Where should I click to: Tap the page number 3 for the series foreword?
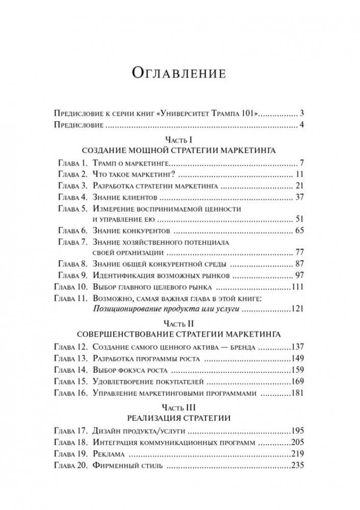tap(302, 113)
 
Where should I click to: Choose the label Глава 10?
tap(71, 287)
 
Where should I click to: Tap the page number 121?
tap(297, 309)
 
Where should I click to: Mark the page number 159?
tap(297, 369)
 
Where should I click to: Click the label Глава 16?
tap(71, 392)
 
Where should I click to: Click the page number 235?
tap(297, 465)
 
